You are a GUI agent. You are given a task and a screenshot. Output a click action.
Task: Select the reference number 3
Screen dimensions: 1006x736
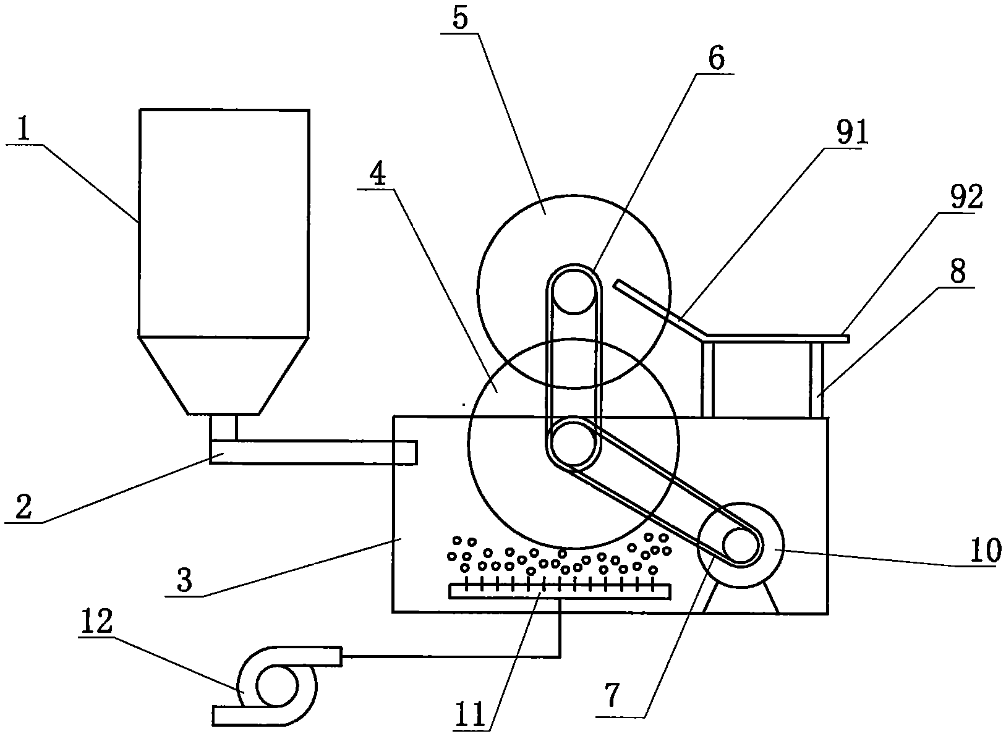(x=184, y=580)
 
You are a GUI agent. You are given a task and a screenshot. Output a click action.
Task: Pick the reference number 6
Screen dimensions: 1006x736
(x=717, y=58)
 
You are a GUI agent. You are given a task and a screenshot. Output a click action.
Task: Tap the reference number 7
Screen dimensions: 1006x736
(x=613, y=694)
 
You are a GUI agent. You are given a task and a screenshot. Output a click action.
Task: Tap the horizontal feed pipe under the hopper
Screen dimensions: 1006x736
(x=313, y=452)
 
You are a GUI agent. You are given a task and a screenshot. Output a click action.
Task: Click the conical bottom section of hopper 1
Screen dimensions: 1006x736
(x=224, y=374)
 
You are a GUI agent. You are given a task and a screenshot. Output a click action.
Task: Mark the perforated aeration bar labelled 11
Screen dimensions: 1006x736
(x=560, y=591)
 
